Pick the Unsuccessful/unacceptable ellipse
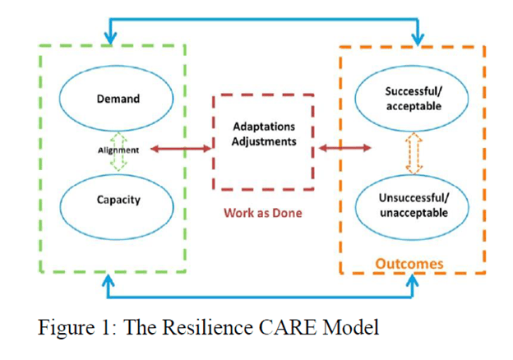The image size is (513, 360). pos(414,205)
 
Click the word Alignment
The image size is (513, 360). pos(118,150)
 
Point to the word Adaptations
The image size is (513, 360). pos(264,127)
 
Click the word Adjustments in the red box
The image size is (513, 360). pos(264,141)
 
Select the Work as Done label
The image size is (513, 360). pos(263,213)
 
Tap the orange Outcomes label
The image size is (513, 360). pos(409,264)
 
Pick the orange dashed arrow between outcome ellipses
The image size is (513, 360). pos(414,153)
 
